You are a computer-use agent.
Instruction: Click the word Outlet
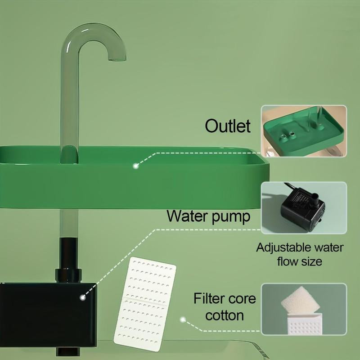click(227, 126)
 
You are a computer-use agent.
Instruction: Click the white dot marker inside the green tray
click(135, 166)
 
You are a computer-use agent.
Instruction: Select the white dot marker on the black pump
click(83, 297)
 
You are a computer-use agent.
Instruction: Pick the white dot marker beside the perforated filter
click(183, 320)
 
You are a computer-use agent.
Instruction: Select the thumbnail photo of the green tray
click(304, 130)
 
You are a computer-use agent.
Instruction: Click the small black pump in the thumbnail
click(301, 207)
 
